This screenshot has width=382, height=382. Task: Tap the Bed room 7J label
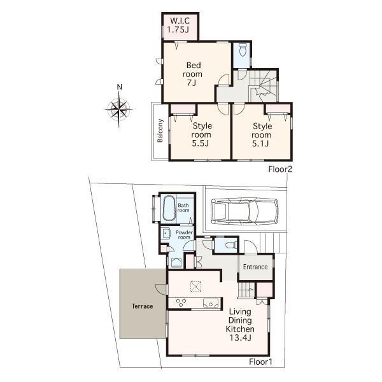click(194, 74)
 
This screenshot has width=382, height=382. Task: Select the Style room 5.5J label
click(202, 135)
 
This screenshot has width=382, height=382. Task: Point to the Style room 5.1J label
click(261, 135)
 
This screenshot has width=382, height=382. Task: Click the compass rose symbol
click(119, 109)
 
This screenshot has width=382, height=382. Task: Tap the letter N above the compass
click(119, 88)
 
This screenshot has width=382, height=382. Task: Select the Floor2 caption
click(280, 170)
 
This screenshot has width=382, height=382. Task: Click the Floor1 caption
click(261, 362)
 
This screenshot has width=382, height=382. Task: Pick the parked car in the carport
click(244, 211)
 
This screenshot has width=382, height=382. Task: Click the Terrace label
click(143, 306)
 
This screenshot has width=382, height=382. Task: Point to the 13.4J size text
click(240, 339)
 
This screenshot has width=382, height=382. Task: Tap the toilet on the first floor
click(229, 244)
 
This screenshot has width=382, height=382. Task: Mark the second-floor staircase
click(262, 87)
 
